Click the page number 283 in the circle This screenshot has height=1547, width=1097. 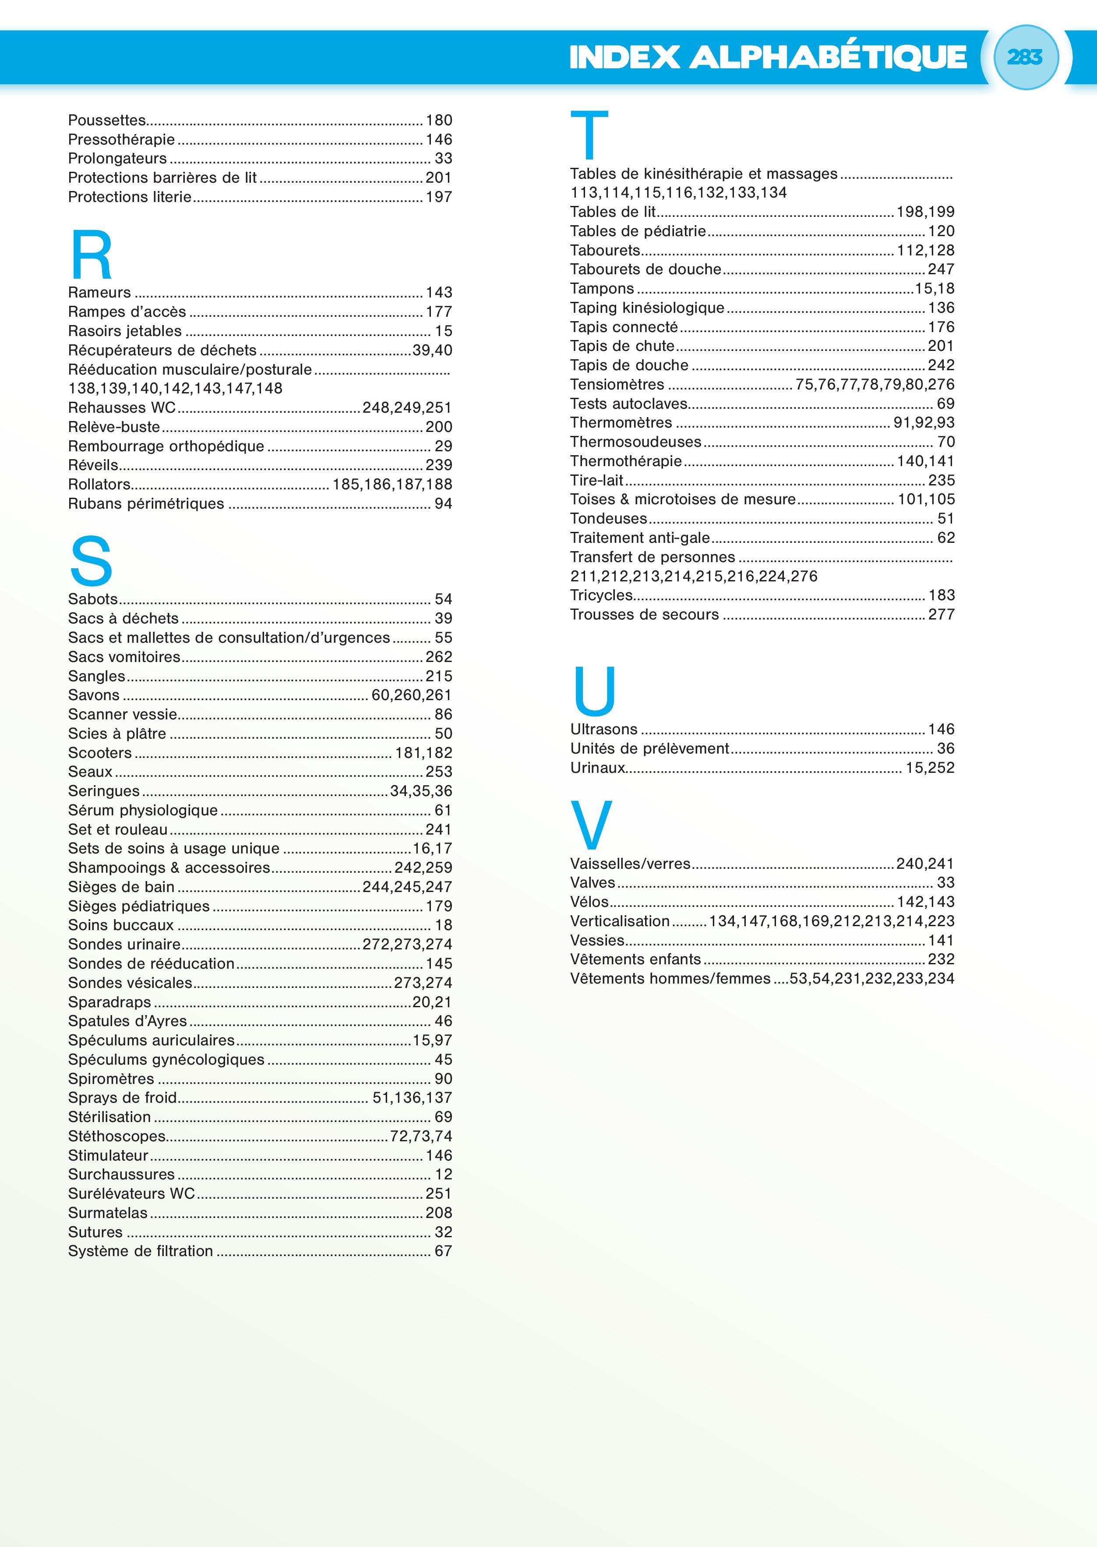tap(1025, 57)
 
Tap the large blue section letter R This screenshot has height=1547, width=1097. tap(91, 255)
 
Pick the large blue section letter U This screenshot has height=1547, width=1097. tap(594, 691)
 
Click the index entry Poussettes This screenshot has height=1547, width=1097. tap(107, 120)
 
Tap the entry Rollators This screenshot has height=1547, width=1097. tap(99, 485)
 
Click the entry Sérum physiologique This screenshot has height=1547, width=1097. tap(142, 811)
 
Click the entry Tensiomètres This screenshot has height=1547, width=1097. tap(617, 385)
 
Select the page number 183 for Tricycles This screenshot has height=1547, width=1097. tap(941, 595)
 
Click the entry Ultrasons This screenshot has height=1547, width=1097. tap(603, 729)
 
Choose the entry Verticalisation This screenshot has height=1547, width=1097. tap(619, 921)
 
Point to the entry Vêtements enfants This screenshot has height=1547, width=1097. tap(635, 959)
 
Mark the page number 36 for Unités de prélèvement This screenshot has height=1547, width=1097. tap(945, 748)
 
